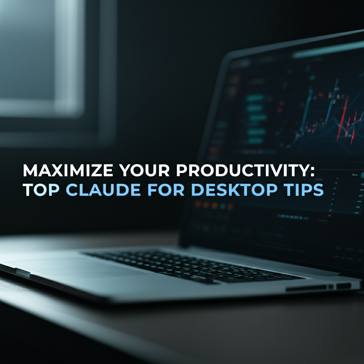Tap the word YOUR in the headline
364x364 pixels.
point(143,171)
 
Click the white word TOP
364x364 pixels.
point(42,190)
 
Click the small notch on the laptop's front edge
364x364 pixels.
point(22,273)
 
